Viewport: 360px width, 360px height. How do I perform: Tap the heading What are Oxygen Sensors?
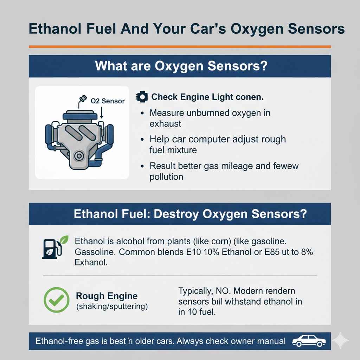pyautogui.click(x=179, y=66)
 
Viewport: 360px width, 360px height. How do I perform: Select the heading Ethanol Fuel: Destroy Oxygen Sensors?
pyautogui.click(x=190, y=214)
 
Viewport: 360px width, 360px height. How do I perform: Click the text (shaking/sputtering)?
pyautogui.click(x=112, y=306)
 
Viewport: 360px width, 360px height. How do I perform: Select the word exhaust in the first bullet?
pyautogui.click(x=165, y=123)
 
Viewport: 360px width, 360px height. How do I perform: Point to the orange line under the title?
pyautogui.click(x=179, y=46)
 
